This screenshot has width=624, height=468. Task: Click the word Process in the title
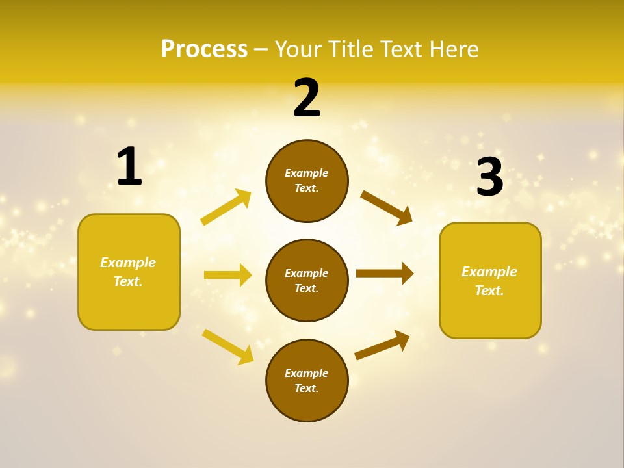[x=204, y=49]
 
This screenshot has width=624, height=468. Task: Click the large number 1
[x=129, y=166]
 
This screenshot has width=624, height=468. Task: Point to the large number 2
[x=307, y=98]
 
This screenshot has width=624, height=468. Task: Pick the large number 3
[x=490, y=177]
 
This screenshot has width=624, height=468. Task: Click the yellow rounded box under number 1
[x=129, y=272]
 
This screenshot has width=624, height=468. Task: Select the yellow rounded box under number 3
[x=490, y=281]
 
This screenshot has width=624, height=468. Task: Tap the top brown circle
[x=307, y=181]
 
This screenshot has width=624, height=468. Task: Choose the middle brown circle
[x=307, y=280]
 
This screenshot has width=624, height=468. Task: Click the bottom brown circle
[x=307, y=380]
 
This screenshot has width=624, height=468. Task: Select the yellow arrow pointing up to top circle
[x=226, y=207]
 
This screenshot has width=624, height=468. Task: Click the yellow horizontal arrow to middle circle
[x=227, y=275]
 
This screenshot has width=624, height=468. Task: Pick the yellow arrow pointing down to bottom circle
[x=227, y=346]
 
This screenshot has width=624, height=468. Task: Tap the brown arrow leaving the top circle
[x=387, y=207]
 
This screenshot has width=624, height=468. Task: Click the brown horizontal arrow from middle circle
[x=385, y=274]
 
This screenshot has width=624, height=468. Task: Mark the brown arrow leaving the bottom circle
[x=382, y=345]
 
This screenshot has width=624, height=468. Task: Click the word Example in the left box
[x=128, y=263]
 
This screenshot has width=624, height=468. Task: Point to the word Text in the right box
[x=489, y=291]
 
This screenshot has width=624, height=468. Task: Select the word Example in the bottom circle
[x=307, y=373]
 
